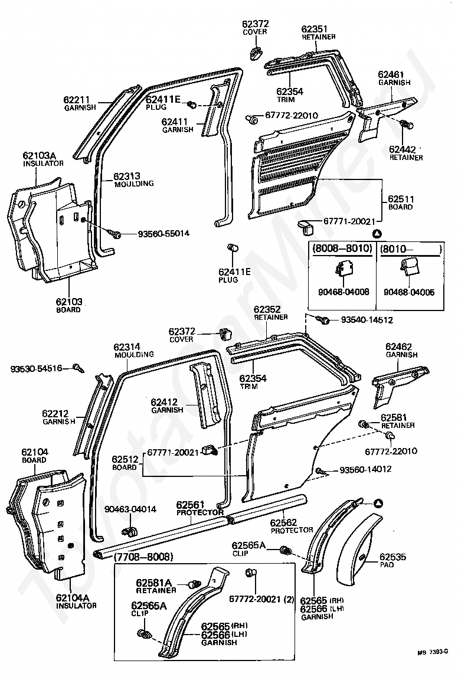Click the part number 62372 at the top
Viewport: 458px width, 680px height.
pyautogui.click(x=255, y=24)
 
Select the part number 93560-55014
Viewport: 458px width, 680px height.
pyautogui.click(x=163, y=234)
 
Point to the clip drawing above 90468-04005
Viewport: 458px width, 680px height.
pyautogui.click(x=409, y=267)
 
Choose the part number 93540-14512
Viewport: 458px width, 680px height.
pyautogui.click(x=367, y=320)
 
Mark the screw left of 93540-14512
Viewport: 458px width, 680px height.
pyautogui.click(x=323, y=319)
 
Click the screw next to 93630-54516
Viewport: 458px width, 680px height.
pyautogui.click(x=78, y=368)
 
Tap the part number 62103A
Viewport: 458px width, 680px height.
pyautogui.click(x=40, y=155)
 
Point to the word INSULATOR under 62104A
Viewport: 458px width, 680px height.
pyautogui.click(x=76, y=606)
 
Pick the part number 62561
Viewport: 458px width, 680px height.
pyautogui.click(x=190, y=505)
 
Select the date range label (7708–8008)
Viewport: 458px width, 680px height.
pyautogui.click(x=143, y=557)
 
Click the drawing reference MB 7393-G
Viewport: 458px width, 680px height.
pyautogui.click(x=433, y=652)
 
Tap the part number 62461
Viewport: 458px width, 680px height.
pyautogui.click(x=391, y=74)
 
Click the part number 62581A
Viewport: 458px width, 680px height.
pyautogui.click(x=154, y=583)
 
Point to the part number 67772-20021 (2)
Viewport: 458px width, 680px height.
pyautogui.click(x=261, y=599)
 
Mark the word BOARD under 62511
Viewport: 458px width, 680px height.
pyautogui.click(x=400, y=207)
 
